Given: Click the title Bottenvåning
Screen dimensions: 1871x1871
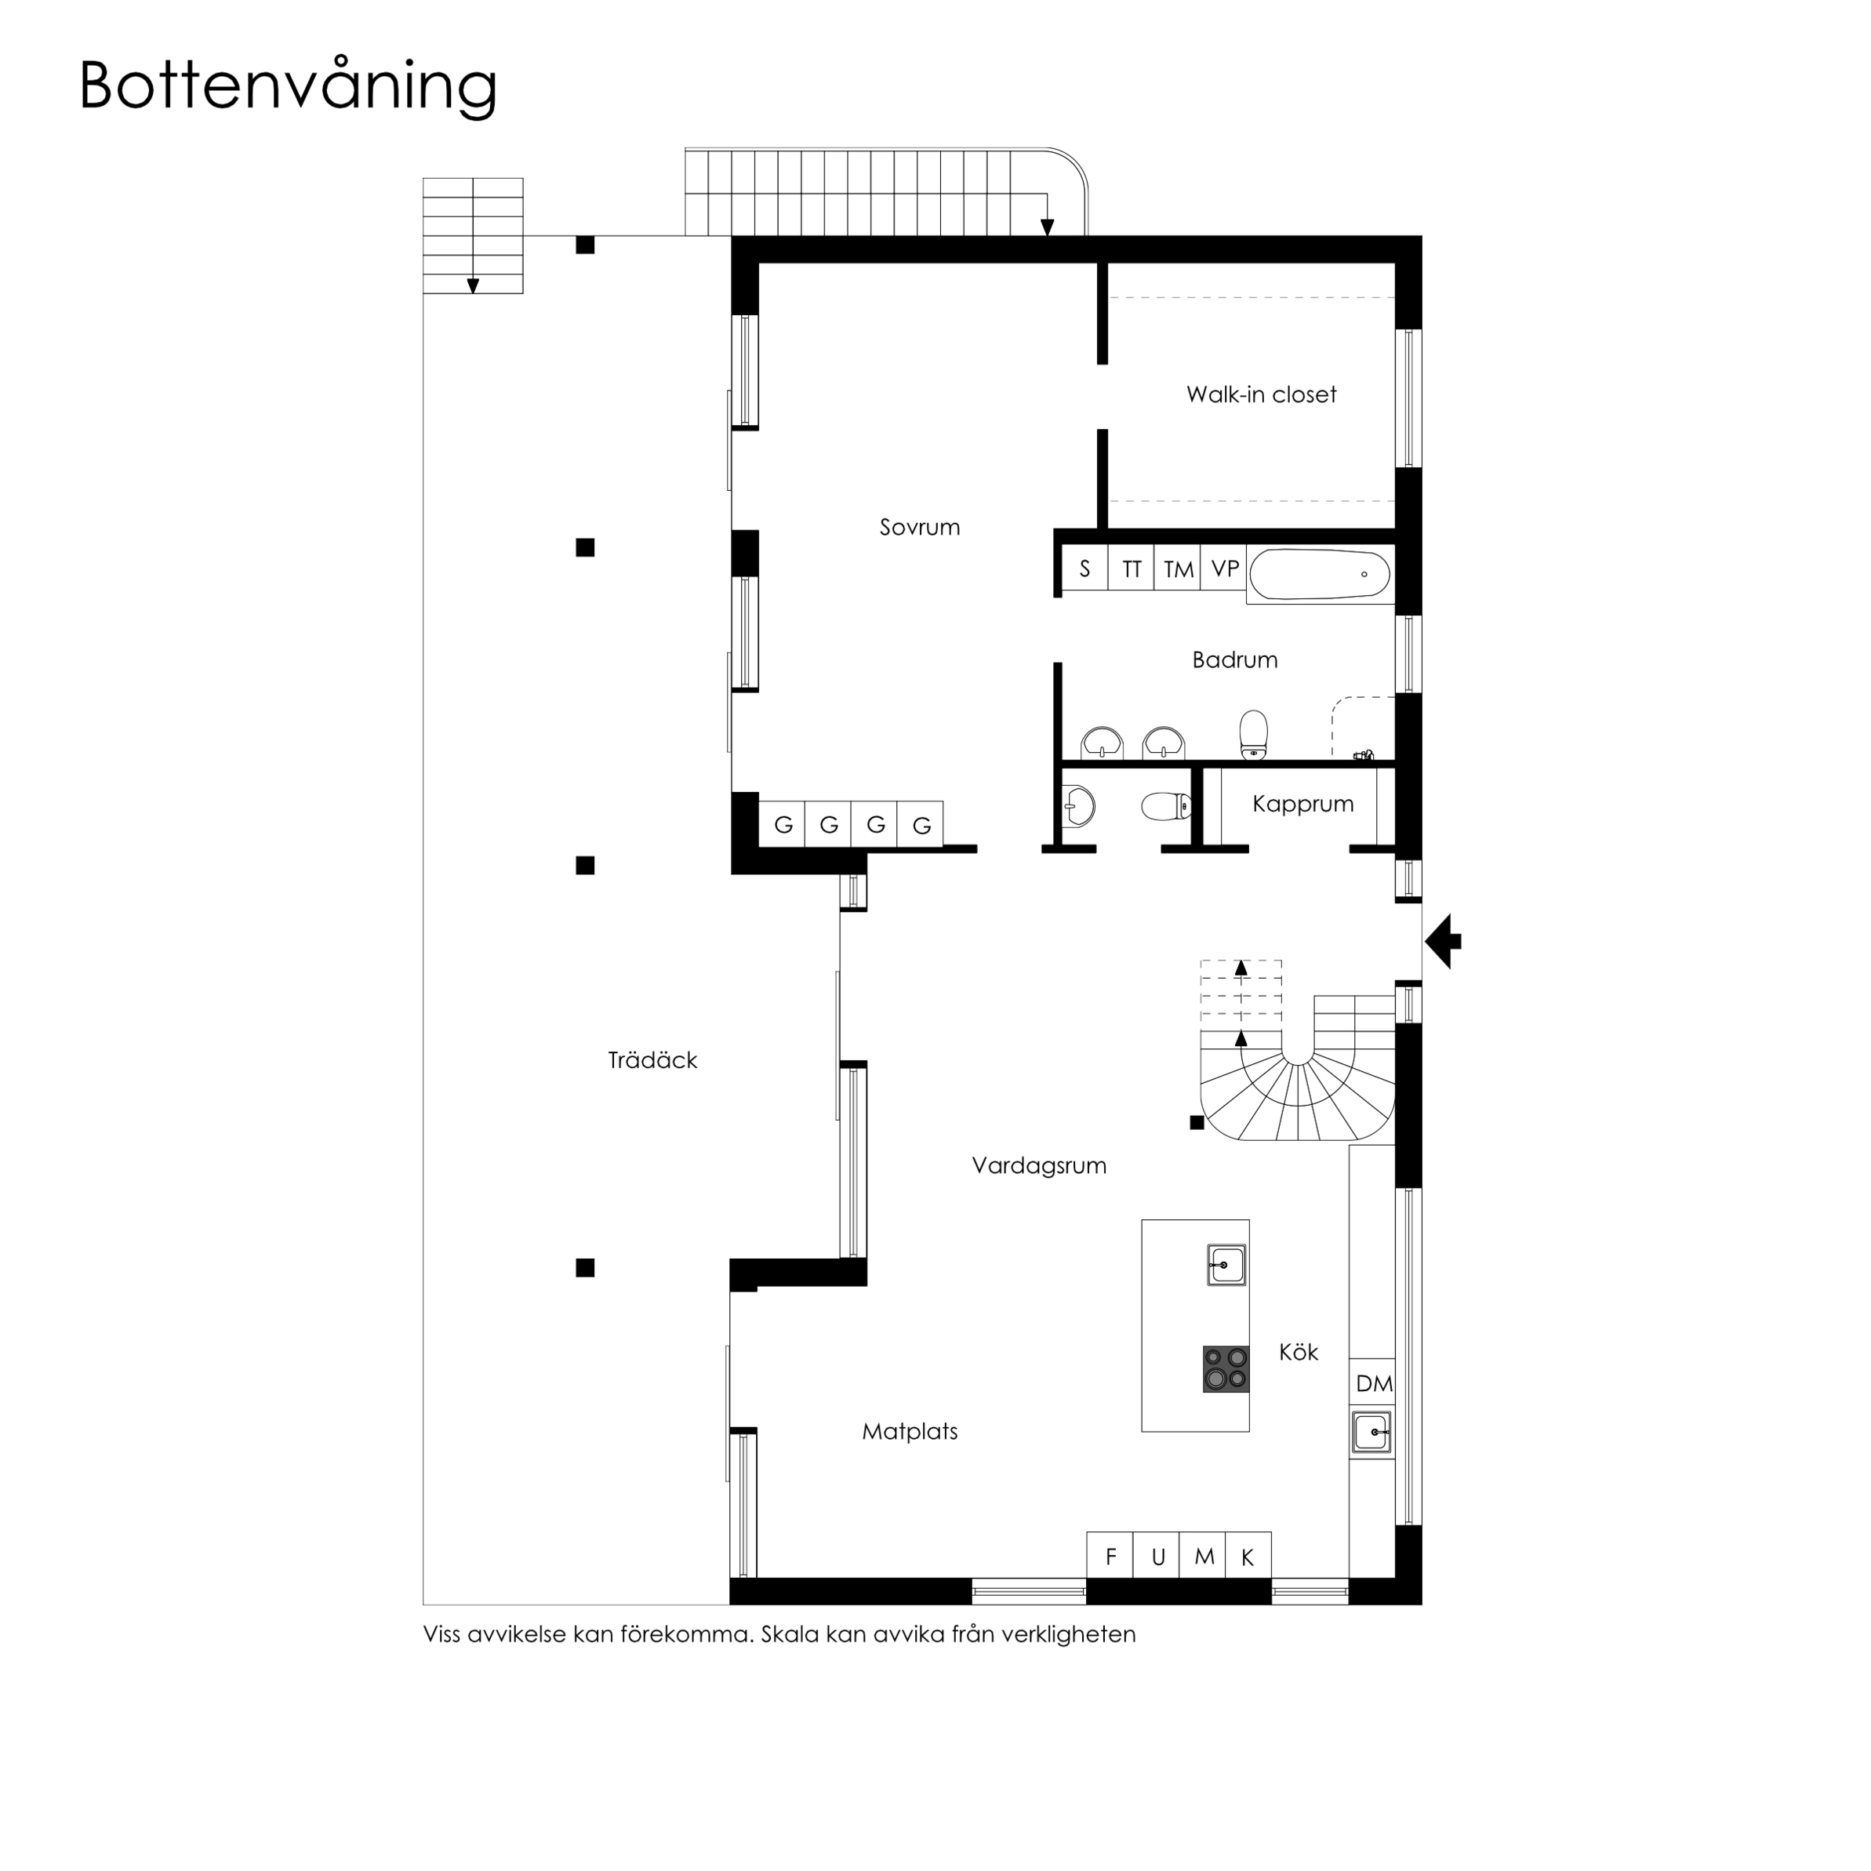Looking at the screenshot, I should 288,87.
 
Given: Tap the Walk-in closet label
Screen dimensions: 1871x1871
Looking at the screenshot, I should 1261,395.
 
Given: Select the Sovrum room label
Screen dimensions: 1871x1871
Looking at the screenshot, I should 919,528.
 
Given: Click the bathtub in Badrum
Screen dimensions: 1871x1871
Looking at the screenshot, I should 1320,574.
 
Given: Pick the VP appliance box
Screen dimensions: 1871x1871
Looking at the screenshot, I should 1225,569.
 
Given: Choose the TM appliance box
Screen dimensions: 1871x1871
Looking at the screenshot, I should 1178,569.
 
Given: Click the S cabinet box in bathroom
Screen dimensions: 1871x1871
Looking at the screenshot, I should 1084,569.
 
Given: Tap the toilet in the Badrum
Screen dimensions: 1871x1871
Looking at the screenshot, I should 1253,734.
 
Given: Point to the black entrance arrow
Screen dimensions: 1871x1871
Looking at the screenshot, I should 1444,940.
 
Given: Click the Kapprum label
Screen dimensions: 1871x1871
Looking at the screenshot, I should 1302,804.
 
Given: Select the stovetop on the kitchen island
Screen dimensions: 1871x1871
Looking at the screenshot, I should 1225,1369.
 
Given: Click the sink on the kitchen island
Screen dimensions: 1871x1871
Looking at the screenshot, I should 1227,1265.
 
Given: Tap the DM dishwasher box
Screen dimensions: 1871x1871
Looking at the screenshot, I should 1373,1384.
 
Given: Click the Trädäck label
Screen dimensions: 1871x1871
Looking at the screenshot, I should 652,1060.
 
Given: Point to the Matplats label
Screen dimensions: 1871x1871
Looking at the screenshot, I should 910,1431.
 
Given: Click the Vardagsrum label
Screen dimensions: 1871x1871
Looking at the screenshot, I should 1039,1166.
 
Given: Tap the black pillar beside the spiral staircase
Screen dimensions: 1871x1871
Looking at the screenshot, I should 1197,1122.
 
